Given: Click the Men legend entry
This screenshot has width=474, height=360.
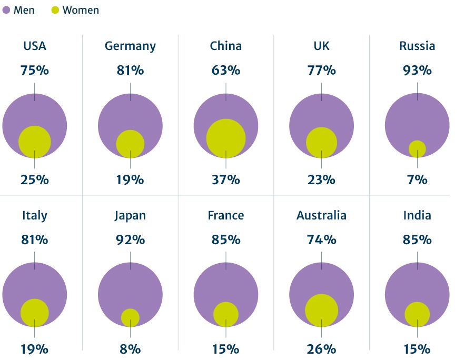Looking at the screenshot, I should coord(19,10).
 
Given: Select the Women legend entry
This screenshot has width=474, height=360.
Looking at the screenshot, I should coord(75,10).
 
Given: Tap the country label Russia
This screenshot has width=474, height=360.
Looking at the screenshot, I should coord(417,46).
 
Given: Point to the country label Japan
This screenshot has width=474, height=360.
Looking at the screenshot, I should coord(130,215).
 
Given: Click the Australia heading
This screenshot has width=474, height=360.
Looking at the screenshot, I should coord(321,215).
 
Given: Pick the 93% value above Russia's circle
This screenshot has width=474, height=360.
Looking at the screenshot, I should coord(417,70).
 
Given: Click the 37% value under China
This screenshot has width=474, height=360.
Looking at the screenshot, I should coord(226,179).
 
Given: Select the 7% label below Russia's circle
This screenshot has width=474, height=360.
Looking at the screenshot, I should coord(417,179).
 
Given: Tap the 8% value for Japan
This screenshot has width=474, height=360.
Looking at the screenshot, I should coord(130,349).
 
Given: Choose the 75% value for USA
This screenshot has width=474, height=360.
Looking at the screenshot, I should coord(35,70).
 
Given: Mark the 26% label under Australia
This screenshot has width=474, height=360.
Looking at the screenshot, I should coord(321,349).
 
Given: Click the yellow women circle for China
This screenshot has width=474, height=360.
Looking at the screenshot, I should coord(226,138).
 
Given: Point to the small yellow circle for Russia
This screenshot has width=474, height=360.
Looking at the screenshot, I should coord(417,149).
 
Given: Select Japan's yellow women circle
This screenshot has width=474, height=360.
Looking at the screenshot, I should coord(130,317).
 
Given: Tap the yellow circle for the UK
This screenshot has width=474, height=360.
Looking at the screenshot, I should coord(321,143).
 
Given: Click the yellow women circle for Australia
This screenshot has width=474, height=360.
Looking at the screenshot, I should coord(321,311).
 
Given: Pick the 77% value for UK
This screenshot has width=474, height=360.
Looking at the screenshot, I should coord(321,70).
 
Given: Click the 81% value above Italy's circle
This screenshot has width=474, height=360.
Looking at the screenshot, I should coord(35,239).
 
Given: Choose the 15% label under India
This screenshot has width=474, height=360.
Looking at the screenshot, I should coord(417,349).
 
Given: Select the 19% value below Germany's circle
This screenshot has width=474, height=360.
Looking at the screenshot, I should coord(130,179).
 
